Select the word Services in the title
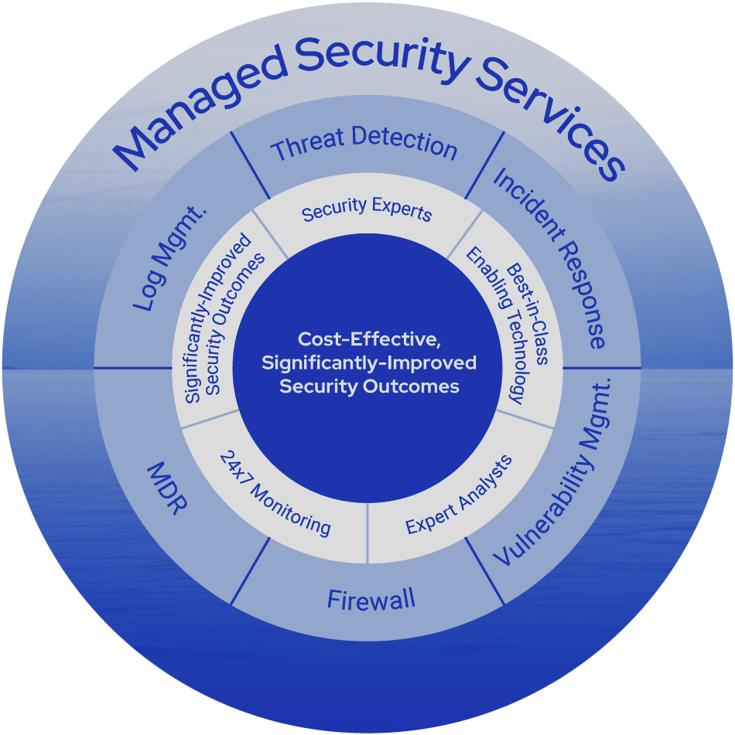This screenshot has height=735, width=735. point(549,115)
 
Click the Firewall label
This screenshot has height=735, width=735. point(371,600)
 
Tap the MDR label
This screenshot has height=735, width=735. point(166,490)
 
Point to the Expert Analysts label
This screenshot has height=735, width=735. point(459,495)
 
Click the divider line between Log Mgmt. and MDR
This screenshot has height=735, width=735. point(132,368)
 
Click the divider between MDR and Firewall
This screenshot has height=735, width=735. point(251,571)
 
